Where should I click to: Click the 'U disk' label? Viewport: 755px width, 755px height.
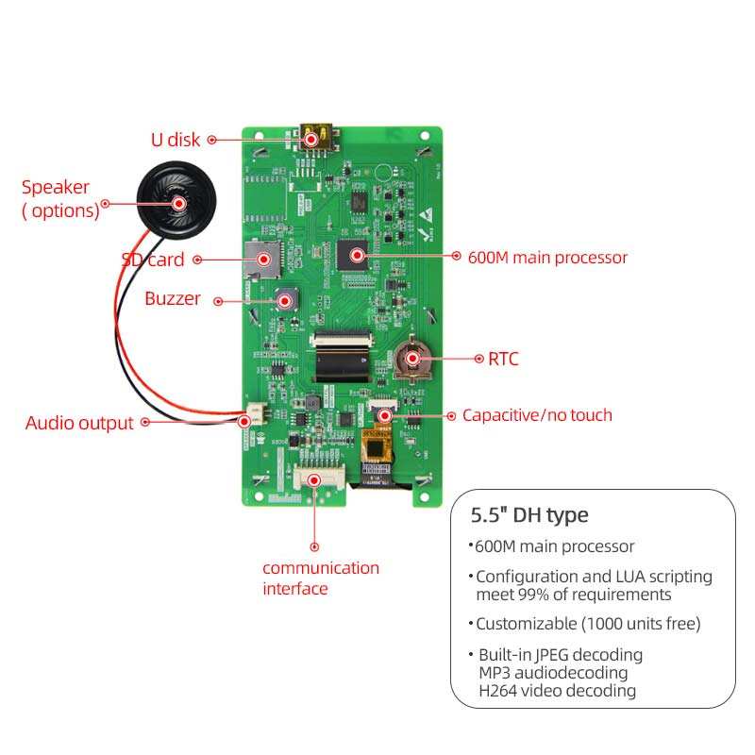[x=176, y=140]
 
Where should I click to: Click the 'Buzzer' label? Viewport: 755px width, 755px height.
[x=173, y=299]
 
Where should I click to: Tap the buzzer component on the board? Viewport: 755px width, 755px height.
[x=283, y=301]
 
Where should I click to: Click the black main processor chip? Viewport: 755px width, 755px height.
[x=356, y=253]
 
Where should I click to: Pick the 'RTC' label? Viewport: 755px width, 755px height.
[x=503, y=359]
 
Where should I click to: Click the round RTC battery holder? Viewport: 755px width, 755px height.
[x=413, y=359]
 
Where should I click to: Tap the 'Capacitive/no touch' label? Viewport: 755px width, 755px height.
[x=537, y=415]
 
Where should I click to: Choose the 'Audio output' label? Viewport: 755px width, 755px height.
[x=79, y=423]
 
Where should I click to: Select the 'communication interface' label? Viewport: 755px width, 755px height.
[x=321, y=578]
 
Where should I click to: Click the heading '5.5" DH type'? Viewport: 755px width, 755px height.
[x=529, y=515]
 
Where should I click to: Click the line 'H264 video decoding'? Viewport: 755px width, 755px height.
[x=557, y=691]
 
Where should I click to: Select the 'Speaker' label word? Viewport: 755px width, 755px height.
[x=56, y=188]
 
